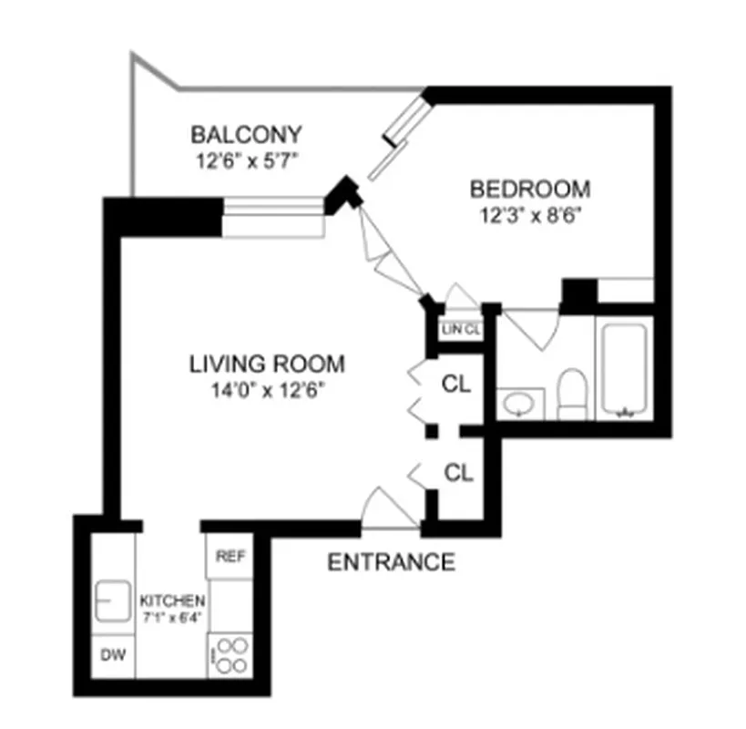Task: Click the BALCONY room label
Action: [x=245, y=135]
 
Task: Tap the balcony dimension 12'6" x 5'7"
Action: [x=245, y=160]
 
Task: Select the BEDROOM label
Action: [x=529, y=190]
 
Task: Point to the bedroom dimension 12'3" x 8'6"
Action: [x=529, y=216]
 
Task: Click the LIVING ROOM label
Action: [x=267, y=364]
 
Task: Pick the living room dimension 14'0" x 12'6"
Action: [x=267, y=391]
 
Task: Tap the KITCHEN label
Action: [x=171, y=601]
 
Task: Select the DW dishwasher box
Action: [x=112, y=654]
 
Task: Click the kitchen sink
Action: [x=113, y=602]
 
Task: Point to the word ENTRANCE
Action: [x=391, y=562]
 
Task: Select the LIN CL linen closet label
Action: [x=460, y=330]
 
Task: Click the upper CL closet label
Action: [x=456, y=384]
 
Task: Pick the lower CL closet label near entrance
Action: [x=458, y=473]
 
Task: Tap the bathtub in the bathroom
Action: [x=624, y=368]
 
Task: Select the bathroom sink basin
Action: [x=519, y=403]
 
